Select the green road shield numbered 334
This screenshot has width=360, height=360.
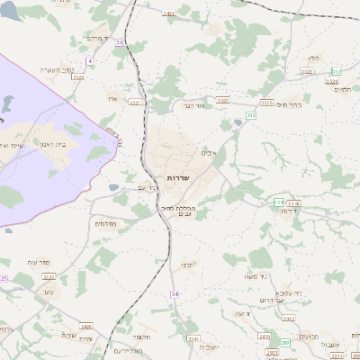278,202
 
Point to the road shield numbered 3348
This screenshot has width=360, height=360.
293,204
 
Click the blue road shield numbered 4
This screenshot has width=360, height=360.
90,60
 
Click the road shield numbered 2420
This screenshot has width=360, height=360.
86,327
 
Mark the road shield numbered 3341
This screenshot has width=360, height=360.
193,338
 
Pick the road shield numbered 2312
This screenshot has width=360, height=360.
287,319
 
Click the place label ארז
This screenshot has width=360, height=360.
112,97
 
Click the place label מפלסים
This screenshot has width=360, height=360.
104,223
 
